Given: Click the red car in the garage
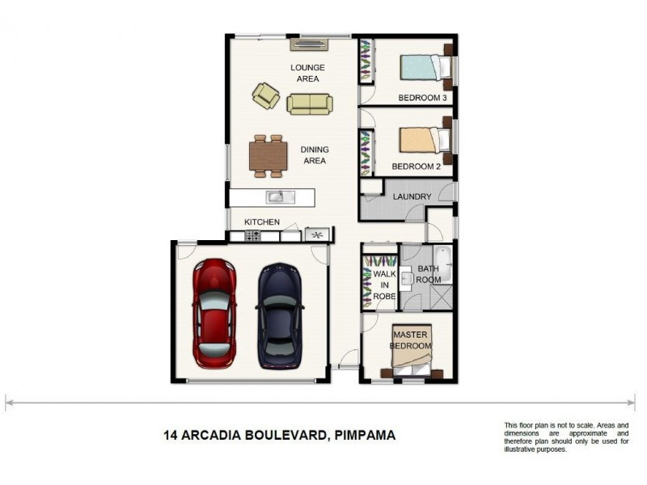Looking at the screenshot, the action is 214,314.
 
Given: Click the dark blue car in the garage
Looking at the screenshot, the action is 280,315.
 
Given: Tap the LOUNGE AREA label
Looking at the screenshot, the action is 307,73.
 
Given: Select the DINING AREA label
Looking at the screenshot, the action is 315,155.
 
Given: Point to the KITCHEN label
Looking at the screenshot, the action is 262,221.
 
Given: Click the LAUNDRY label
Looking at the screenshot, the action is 412,196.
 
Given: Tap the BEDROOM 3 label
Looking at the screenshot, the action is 422,98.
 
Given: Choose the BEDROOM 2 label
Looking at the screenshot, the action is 417,167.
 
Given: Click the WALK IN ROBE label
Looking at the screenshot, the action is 385,285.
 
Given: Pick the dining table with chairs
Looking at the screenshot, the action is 269,156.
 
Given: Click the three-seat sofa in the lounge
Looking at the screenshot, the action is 310,104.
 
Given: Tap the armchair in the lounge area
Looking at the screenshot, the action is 266,95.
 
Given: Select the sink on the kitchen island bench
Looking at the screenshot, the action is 281,197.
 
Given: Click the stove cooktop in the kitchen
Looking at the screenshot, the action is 252,236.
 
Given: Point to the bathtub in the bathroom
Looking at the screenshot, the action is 442,264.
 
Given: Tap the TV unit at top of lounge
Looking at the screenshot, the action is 310,44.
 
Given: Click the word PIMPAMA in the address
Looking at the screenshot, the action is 365,435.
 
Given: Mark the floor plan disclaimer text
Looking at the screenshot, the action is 566,437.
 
